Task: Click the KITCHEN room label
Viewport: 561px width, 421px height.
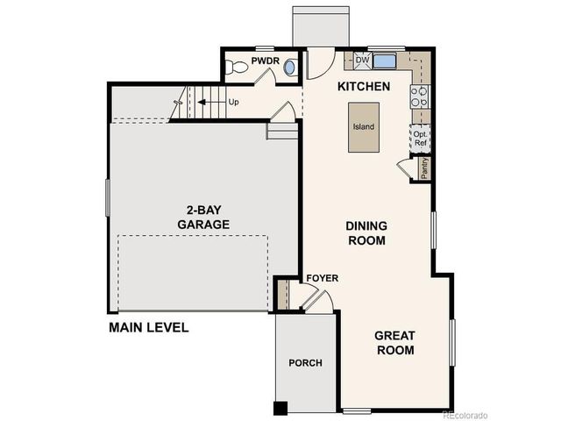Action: pyautogui.click(x=364, y=88)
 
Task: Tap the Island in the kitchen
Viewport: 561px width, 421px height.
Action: pyautogui.click(x=364, y=127)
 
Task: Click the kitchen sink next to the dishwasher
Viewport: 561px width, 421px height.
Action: pyautogui.click(x=384, y=61)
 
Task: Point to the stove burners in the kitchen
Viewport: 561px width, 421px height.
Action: pyautogui.click(x=418, y=96)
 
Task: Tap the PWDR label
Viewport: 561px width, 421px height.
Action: pyautogui.click(x=264, y=61)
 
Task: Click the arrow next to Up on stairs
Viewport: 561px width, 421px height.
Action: pyautogui.click(x=209, y=102)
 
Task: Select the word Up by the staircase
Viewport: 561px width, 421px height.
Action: pyautogui.click(x=233, y=102)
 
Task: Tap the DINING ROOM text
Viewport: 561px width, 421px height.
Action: pyautogui.click(x=367, y=232)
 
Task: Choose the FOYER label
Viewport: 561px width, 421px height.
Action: pyautogui.click(x=322, y=279)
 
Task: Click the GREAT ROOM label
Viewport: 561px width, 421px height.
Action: pyautogui.click(x=394, y=342)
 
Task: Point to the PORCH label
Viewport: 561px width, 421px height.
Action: pyautogui.click(x=305, y=362)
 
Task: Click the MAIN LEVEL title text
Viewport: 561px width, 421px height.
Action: pyautogui.click(x=149, y=328)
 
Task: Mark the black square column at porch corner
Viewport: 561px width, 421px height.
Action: pyautogui.click(x=280, y=407)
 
